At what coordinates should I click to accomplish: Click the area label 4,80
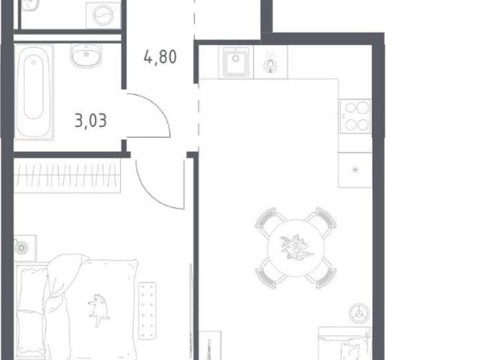point(160,57)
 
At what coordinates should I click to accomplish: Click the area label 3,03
point(91,120)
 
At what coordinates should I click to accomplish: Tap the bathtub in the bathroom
point(34,91)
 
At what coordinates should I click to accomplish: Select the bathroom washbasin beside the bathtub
point(86,55)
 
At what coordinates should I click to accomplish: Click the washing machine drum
point(103,15)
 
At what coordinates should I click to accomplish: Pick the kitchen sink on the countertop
point(235,61)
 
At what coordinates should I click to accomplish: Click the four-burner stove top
point(355,116)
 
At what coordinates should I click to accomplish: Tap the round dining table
point(295,248)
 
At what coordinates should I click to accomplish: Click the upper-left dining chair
point(269,220)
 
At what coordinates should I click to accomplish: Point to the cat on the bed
point(98,310)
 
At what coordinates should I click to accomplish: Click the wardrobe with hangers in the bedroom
point(67,175)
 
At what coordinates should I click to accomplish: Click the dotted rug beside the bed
point(147,310)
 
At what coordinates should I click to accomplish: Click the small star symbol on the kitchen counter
point(355,169)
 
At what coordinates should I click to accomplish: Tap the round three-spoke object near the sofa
point(358,313)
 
